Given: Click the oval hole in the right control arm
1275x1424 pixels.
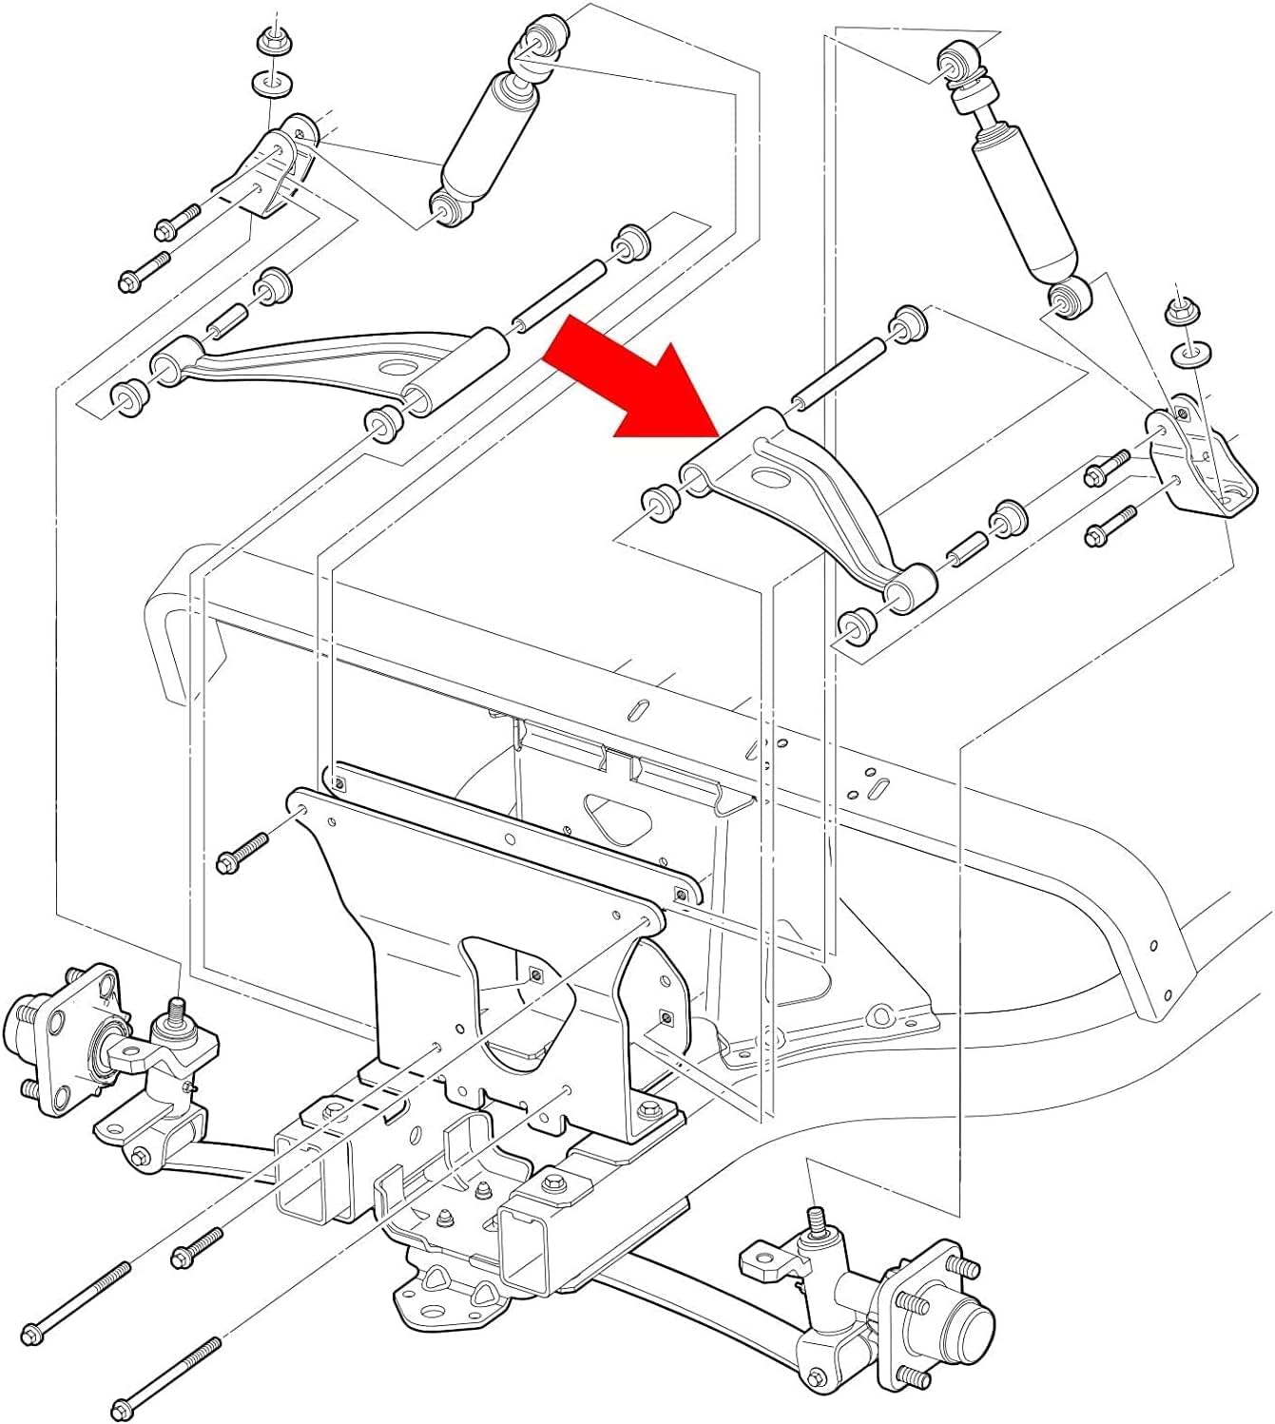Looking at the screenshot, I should [765, 478].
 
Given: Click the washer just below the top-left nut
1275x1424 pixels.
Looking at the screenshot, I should [272, 82].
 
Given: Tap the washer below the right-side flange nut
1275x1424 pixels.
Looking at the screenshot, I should [1188, 356].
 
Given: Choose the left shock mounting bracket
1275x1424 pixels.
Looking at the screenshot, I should [275, 166].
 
